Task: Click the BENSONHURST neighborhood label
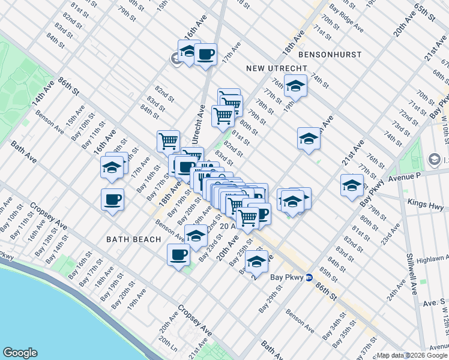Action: coord(330,55)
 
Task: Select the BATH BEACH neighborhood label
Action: coord(134,239)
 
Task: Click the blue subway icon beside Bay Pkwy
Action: coord(309,277)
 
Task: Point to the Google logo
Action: coord(20,353)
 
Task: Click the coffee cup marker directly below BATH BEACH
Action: coord(177,254)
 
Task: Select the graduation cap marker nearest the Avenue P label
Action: coord(352,185)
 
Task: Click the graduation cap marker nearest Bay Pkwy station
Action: coord(257,263)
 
